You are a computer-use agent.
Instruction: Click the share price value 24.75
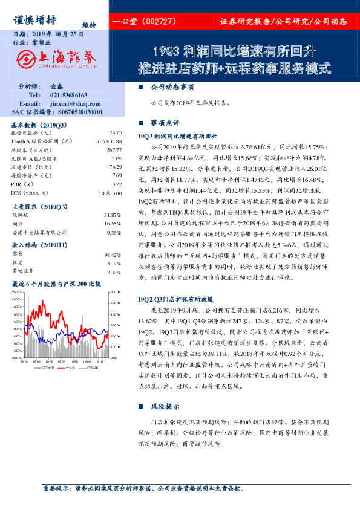(x=115, y=132)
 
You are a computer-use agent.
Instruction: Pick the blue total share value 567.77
(x=114, y=149)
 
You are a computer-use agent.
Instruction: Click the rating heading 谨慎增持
(x=34, y=19)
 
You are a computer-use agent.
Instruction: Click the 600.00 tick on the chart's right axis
(x=114, y=292)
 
